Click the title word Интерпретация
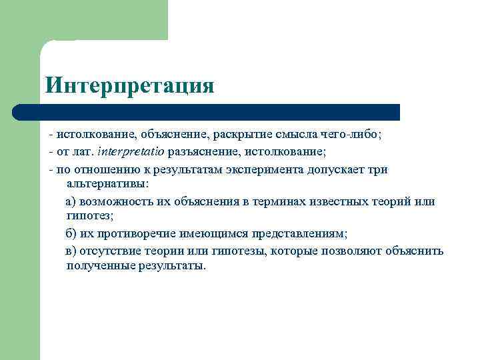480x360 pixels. click(129, 86)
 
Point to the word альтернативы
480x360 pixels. click(108, 183)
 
